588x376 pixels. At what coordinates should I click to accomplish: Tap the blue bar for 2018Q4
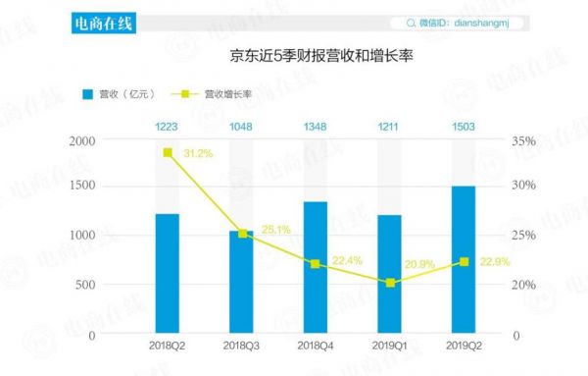click(x=316, y=267)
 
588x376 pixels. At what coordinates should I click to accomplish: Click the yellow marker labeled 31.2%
click(x=168, y=152)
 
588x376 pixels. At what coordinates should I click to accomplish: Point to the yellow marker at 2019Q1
click(x=390, y=283)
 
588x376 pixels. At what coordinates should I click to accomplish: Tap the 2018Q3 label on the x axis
click(x=242, y=346)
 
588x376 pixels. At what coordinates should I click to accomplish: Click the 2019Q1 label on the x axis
click(x=390, y=346)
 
